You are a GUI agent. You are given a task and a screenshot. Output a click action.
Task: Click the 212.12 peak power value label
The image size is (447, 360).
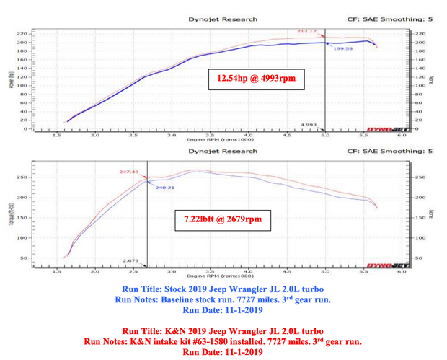[306, 31]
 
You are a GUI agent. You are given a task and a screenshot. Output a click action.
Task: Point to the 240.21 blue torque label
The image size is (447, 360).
[165, 187]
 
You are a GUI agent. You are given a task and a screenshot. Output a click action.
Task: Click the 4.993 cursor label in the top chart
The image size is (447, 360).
[310, 124]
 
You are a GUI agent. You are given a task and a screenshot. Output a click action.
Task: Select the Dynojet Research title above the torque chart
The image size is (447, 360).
[223, 152]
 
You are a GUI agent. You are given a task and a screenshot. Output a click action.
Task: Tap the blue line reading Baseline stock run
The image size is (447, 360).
[223, 298]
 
